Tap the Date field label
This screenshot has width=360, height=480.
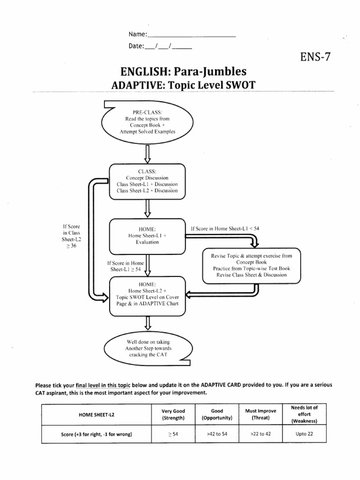[136, 46]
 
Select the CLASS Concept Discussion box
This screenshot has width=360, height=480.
[147, 181]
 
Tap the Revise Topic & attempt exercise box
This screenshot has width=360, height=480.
[251, 265]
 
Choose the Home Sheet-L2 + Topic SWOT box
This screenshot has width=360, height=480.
[147, 294]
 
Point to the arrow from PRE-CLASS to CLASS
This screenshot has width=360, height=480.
[148, 153]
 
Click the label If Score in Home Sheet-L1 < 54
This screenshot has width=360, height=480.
[225, 228]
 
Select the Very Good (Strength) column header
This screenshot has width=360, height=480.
[173, 414]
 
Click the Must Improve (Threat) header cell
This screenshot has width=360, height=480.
[261, 414]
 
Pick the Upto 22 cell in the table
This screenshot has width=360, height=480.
[304, 434]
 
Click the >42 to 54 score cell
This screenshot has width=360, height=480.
[217, 434]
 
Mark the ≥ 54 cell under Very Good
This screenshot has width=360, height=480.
[173, 434]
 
